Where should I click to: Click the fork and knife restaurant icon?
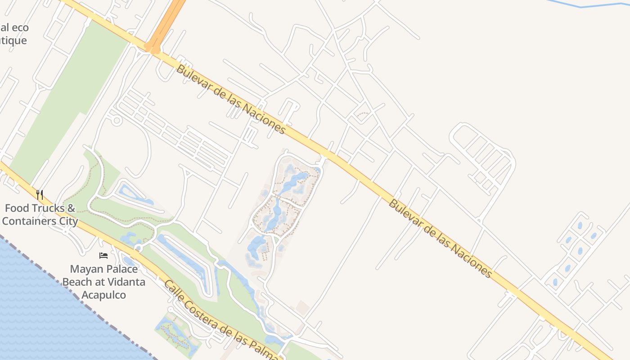pyautogui.click(x=40, y=195)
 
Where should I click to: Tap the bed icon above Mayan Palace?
pyautogui.click(x=103, y=256)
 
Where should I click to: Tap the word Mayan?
pyautogui.click(x=86, y=270)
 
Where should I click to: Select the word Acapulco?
pyautogui.click(x=103, y=295)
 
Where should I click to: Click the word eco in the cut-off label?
pyautogui.click(x=20, y=27)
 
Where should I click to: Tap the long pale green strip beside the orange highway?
pyautogui.click(x=67, y=103)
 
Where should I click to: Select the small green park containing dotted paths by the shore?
pyautogui.click(x=175, y=333)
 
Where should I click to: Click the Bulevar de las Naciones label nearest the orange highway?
pyautogui.click(x=231, y=99)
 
